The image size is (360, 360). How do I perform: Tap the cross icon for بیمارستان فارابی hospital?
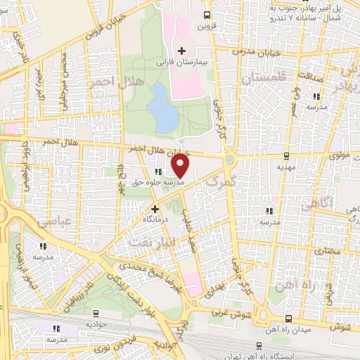click(x=181, y=51)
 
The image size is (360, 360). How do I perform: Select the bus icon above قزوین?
click(x=206, y=15)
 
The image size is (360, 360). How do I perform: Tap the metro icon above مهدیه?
click(x=286, y=156)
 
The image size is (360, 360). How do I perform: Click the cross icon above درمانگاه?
click(x=155, y=208)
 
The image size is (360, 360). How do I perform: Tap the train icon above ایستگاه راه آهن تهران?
click(x=260, y=345)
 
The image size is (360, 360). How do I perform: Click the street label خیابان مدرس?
click(x=261, y=53)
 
